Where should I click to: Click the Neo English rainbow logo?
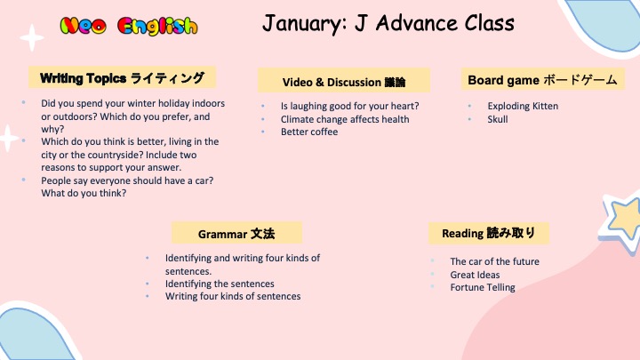pos(129,26)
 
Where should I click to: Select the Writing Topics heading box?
pos(122,77)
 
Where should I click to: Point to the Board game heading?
pos(542,79)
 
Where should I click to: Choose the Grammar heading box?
pos(236,233)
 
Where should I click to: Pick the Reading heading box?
pos(489,233)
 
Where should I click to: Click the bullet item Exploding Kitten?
pos(523,106)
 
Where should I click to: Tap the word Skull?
pos(498,119)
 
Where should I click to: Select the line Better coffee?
pos(309,132)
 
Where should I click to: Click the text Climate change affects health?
pos(345,119)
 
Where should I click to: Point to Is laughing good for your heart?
pos(350,106)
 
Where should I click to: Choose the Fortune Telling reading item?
pos(483,287)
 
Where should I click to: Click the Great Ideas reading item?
pos(475,275)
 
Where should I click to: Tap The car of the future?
pos(495,261)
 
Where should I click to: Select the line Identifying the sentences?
pos(220,284)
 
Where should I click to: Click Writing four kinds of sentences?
pos(233,296)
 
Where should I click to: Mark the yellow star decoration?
pos(622,220)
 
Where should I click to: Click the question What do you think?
pos(84,193)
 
